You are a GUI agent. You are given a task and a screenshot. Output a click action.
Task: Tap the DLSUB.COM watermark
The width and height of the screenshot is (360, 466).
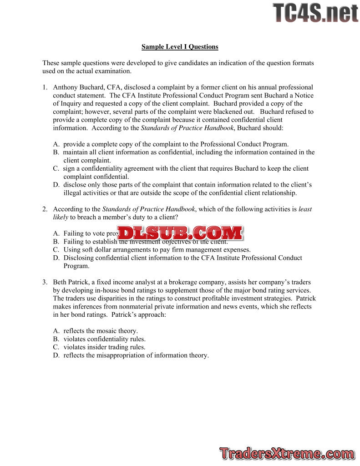pyautogui.click(x=181, y=233)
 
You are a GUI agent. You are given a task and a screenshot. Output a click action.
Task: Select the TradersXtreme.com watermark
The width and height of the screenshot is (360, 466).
pyautogui.click(x=287, y=453)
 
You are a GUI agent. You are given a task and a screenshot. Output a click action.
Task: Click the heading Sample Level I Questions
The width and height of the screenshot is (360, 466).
pyautogui.click(x=180, y=46)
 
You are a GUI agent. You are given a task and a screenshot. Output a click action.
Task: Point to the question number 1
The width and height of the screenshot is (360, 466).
pyautogui.click(x=45, y=87)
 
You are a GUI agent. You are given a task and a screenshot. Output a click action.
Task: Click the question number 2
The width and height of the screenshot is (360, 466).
pyautogui.click(x=45, y=209)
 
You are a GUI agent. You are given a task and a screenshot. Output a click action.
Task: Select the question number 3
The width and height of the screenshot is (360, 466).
pyautogui.click(x=45, y=282)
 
